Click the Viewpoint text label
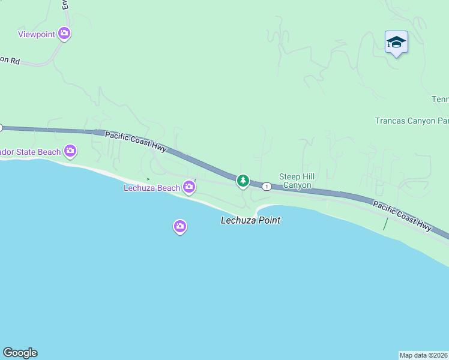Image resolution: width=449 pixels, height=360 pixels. [x=37, y=34]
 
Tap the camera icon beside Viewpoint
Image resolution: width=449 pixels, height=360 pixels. [x=64, y=34]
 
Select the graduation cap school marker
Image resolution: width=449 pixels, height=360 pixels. [x=396, y=43]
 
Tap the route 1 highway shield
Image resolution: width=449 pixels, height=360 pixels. [x=266, y=187]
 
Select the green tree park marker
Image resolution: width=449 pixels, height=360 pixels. [x=243, y=180]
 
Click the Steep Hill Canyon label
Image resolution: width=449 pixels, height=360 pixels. [x=297, y=181]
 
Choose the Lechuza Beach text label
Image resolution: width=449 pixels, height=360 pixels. [x=152, y=188]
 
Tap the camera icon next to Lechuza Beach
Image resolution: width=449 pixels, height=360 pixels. [x=189, y=187]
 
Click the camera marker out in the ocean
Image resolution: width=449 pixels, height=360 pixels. [x=179, y=226]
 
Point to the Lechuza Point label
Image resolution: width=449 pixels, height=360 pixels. [x=250, y=220]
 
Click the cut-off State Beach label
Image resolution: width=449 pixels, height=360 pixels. [x=30, y=152]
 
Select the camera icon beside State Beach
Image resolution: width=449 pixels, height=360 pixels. [x=70, y=151]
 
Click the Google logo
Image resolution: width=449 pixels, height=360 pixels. [x=20, y=353]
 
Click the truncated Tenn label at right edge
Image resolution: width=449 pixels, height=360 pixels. [x=440, y=99]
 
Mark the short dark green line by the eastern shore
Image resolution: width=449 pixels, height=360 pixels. [x=386, y=224]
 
